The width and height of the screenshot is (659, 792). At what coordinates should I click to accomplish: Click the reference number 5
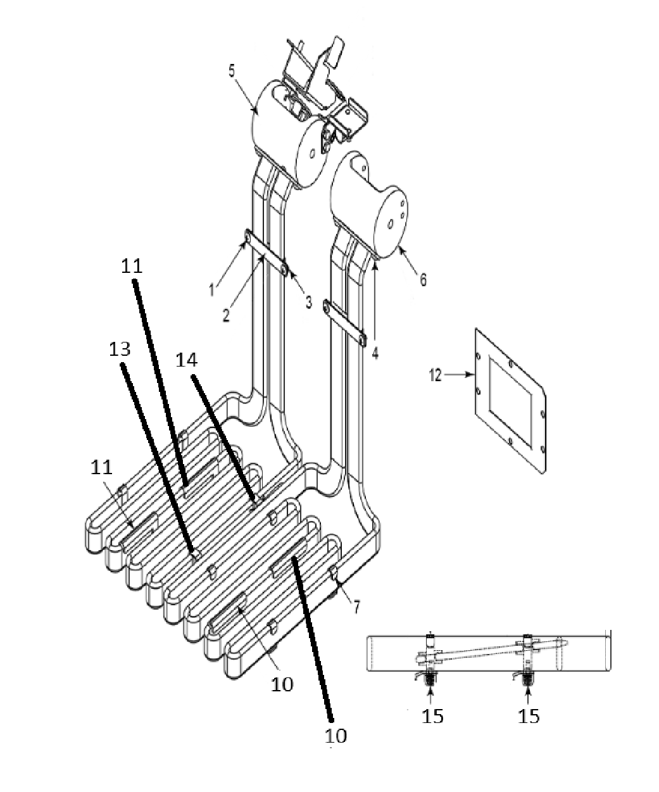click(232, 71)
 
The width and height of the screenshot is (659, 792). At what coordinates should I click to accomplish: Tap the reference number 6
click(423, 279)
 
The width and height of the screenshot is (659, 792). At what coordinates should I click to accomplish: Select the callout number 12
click(435, 375)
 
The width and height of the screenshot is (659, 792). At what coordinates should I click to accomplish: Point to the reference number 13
click(120, 349)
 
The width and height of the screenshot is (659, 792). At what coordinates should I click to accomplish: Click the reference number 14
click(187, 360)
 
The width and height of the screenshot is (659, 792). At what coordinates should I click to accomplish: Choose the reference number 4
click(375, 353)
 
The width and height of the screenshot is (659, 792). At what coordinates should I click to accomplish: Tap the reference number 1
click(212, 290)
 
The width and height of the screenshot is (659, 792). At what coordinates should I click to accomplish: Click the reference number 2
click(226, 315)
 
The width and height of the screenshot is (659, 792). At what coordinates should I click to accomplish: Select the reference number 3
click(308, 303)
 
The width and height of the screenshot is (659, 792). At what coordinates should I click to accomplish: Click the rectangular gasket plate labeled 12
click(510, 401)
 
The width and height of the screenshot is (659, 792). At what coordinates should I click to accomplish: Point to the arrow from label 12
click(460, 375)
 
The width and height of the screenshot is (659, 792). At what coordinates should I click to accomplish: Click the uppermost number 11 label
click(132, 267)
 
